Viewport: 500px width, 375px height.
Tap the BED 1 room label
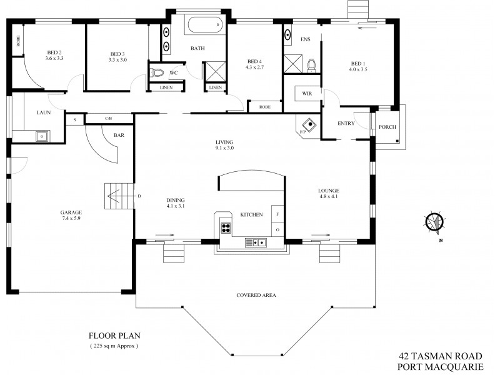tap(357, 64)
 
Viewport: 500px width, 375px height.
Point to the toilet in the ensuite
tap(312, 64)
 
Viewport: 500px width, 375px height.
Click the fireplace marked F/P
tap(306, 126)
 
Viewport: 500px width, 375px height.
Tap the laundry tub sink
tap(42, 134)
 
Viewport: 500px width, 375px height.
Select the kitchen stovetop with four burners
tap(227, 227)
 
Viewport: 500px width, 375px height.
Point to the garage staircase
tap(119, 197)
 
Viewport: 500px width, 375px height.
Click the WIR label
tap(307, 93)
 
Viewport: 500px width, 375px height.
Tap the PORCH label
tap(387, 127)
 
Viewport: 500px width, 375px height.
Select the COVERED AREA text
tap(256, 295)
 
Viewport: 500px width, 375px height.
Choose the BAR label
tap(118, 135)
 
